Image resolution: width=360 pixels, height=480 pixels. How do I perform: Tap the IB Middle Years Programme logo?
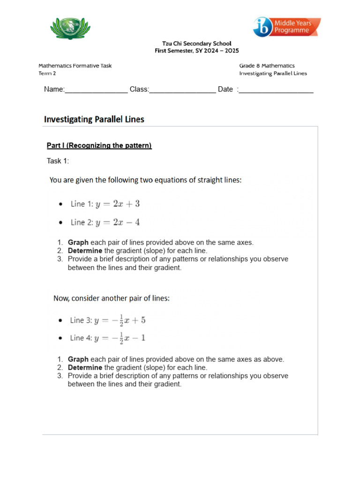pos(287,27)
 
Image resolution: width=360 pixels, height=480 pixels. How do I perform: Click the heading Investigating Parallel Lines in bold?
pos(94,119)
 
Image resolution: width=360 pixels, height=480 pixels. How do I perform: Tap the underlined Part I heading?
pos(99,146)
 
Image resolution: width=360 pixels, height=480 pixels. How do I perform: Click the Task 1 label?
pos(58,161)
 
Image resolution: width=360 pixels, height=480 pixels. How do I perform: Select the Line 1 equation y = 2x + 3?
pos(118,204)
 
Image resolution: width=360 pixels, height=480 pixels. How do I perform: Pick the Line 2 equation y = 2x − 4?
pos(118,222)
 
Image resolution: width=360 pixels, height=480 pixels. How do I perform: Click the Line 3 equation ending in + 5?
pos(120,321)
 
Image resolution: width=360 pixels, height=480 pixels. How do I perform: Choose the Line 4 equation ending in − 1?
pos(120,338)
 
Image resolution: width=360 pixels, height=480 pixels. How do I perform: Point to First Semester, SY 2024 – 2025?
pos(197,51)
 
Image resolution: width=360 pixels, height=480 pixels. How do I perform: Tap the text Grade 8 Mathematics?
pos(267,66)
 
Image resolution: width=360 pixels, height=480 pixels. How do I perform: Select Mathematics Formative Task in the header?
pos(75,66)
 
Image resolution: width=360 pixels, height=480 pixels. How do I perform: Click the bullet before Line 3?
pos(60,321)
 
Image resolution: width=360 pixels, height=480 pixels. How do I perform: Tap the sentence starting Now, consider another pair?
pos(112,298)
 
